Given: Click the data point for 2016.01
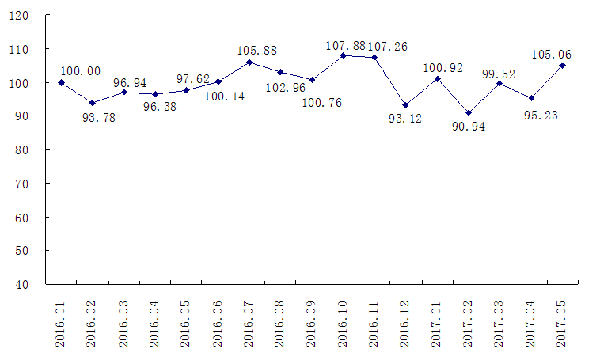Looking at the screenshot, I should [61, 82].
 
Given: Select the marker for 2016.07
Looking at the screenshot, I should [249, 63].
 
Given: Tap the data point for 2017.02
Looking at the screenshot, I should [469, 113].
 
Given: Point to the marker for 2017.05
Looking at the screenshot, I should [563, 66].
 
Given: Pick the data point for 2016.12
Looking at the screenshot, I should [406, 105].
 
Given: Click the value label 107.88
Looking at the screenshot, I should [346, 46].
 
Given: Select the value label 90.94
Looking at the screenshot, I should [469, 126].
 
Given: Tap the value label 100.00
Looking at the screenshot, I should [81, 70].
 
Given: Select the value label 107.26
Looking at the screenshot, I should [388, 46].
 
